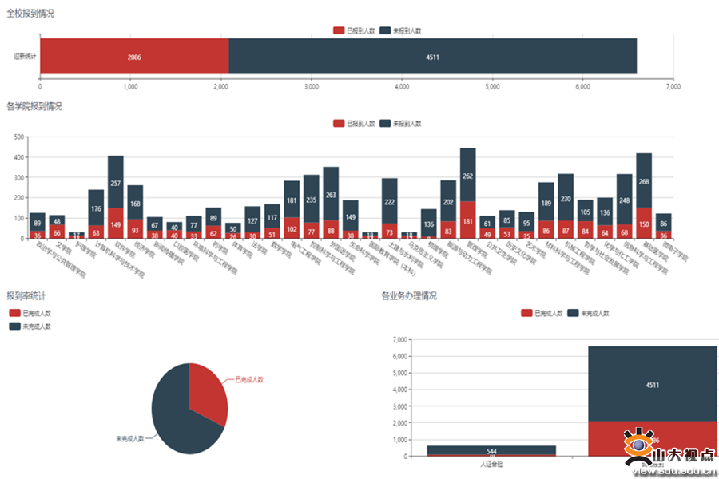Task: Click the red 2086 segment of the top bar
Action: coord(134,57)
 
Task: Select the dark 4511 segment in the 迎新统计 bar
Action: coord(432,57)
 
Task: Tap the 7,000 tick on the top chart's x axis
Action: coord(673,86)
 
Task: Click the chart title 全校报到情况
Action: coord(30,13)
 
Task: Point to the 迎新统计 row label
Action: coord(26,57)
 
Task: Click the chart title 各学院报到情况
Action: coord(34,106)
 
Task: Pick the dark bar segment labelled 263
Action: coord(331,193)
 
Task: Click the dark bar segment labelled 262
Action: coord(467,175)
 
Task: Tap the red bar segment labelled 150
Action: coord(644,224)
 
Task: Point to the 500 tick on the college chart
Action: coord(18,137)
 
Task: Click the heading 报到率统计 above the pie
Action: coord(26,296)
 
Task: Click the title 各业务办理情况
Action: coord(409,296)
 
